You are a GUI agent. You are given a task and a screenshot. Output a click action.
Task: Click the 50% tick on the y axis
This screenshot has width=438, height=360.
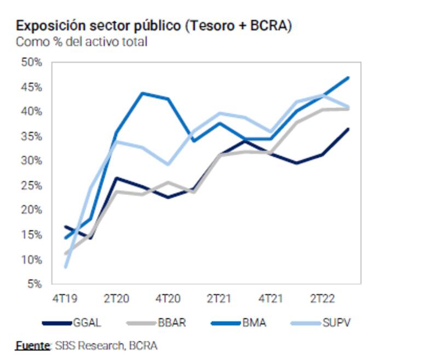(31, 62)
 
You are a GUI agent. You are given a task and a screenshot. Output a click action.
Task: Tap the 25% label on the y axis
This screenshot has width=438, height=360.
(31, 185)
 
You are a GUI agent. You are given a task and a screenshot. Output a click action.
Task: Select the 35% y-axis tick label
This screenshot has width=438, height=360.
(31, 136)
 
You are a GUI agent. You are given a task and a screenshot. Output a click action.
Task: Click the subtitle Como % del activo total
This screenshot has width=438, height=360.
(82, 42)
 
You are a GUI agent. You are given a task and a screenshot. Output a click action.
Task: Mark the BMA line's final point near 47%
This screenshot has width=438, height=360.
(349, 78)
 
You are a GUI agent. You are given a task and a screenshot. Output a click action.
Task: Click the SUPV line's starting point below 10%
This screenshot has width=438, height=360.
(66, 267)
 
